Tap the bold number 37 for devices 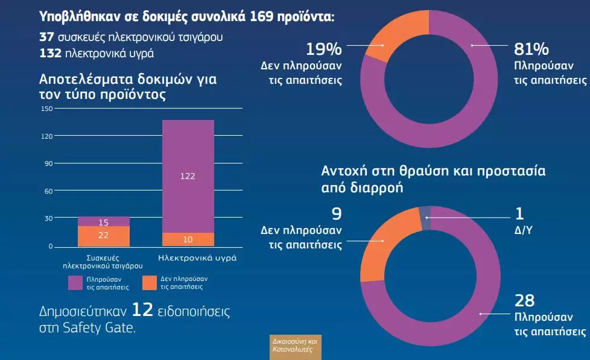tap(47, 37)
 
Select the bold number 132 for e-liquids tap(51, 53)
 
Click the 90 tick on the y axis tap(48, 163)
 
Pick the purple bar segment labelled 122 tap(188, 176)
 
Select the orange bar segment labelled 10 tap(188, 239)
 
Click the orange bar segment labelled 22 tap(104, 236)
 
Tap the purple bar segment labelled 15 tap(104, 221)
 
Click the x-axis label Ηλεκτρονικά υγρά tap(197, 258)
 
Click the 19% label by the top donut tap(323, 48)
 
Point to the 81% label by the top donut tap(531, 48)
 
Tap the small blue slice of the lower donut tap(425, 218)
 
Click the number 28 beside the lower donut tap(524, 301)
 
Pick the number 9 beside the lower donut tap(336, 213)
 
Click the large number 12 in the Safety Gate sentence tap(142, 311)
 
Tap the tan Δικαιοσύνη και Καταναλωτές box tap(296, 346)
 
